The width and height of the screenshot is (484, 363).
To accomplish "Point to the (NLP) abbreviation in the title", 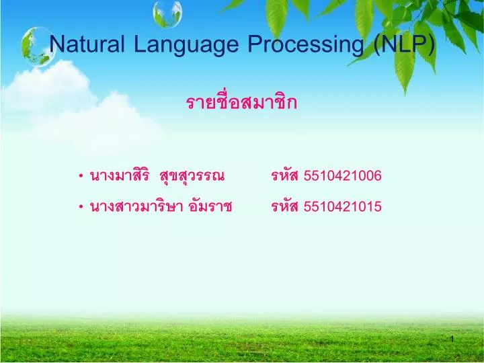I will [x=404, y=44].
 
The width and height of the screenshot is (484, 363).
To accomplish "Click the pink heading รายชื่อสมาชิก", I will [x=241, y=103].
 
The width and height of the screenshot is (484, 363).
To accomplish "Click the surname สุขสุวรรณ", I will [x=192, y=177].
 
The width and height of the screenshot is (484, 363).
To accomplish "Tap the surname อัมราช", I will [x=211, y=207].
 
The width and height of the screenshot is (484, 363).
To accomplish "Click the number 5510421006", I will [x=343, y=177].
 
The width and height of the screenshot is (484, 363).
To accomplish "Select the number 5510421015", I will [x=343, y=207].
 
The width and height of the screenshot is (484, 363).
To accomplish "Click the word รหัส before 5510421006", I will [x=285, y=177].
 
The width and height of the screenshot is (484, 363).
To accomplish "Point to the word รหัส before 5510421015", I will [x=285, y=207].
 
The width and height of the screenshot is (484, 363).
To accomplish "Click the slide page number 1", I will [x=452, y=338].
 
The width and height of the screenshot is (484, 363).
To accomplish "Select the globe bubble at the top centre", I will [x=167, y=12].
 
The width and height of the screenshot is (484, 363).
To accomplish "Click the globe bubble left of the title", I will [x=36, y=46].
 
